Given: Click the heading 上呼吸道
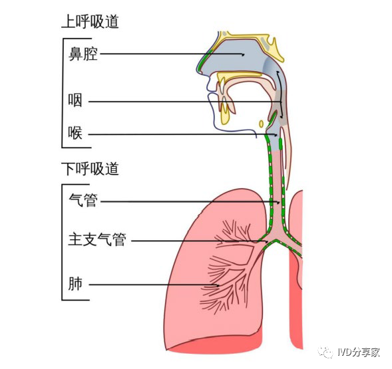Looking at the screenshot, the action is click(x=91, y=21).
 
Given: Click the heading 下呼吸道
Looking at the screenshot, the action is click(x=91, y=169).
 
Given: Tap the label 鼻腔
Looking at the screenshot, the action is click(x=83, y=54).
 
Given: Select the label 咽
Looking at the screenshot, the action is click(x=75, y=100).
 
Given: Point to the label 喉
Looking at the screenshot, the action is click(x=75, y=133).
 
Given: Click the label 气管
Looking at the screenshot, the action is click(x=83, y=200).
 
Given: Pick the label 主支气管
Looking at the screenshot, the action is click(x=97, y=239).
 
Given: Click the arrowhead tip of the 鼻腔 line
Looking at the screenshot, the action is click(x=244, y=55).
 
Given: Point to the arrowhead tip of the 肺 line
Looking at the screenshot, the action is click(x=220, y=285).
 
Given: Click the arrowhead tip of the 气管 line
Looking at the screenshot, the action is click(x=280, y=203).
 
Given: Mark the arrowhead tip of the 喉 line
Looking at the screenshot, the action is click(x=278, y=135).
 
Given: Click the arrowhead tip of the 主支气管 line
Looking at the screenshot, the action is click(x=268, y=242).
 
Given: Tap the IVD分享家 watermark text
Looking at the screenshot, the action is click(x=359, y=352).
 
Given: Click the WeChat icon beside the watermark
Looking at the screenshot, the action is click(x=325, y=352).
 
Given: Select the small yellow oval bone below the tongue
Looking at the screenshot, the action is click(x=262, y=124).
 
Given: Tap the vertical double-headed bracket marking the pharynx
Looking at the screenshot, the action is click(x=280, y=94).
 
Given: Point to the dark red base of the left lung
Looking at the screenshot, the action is click(x=215, y=344).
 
